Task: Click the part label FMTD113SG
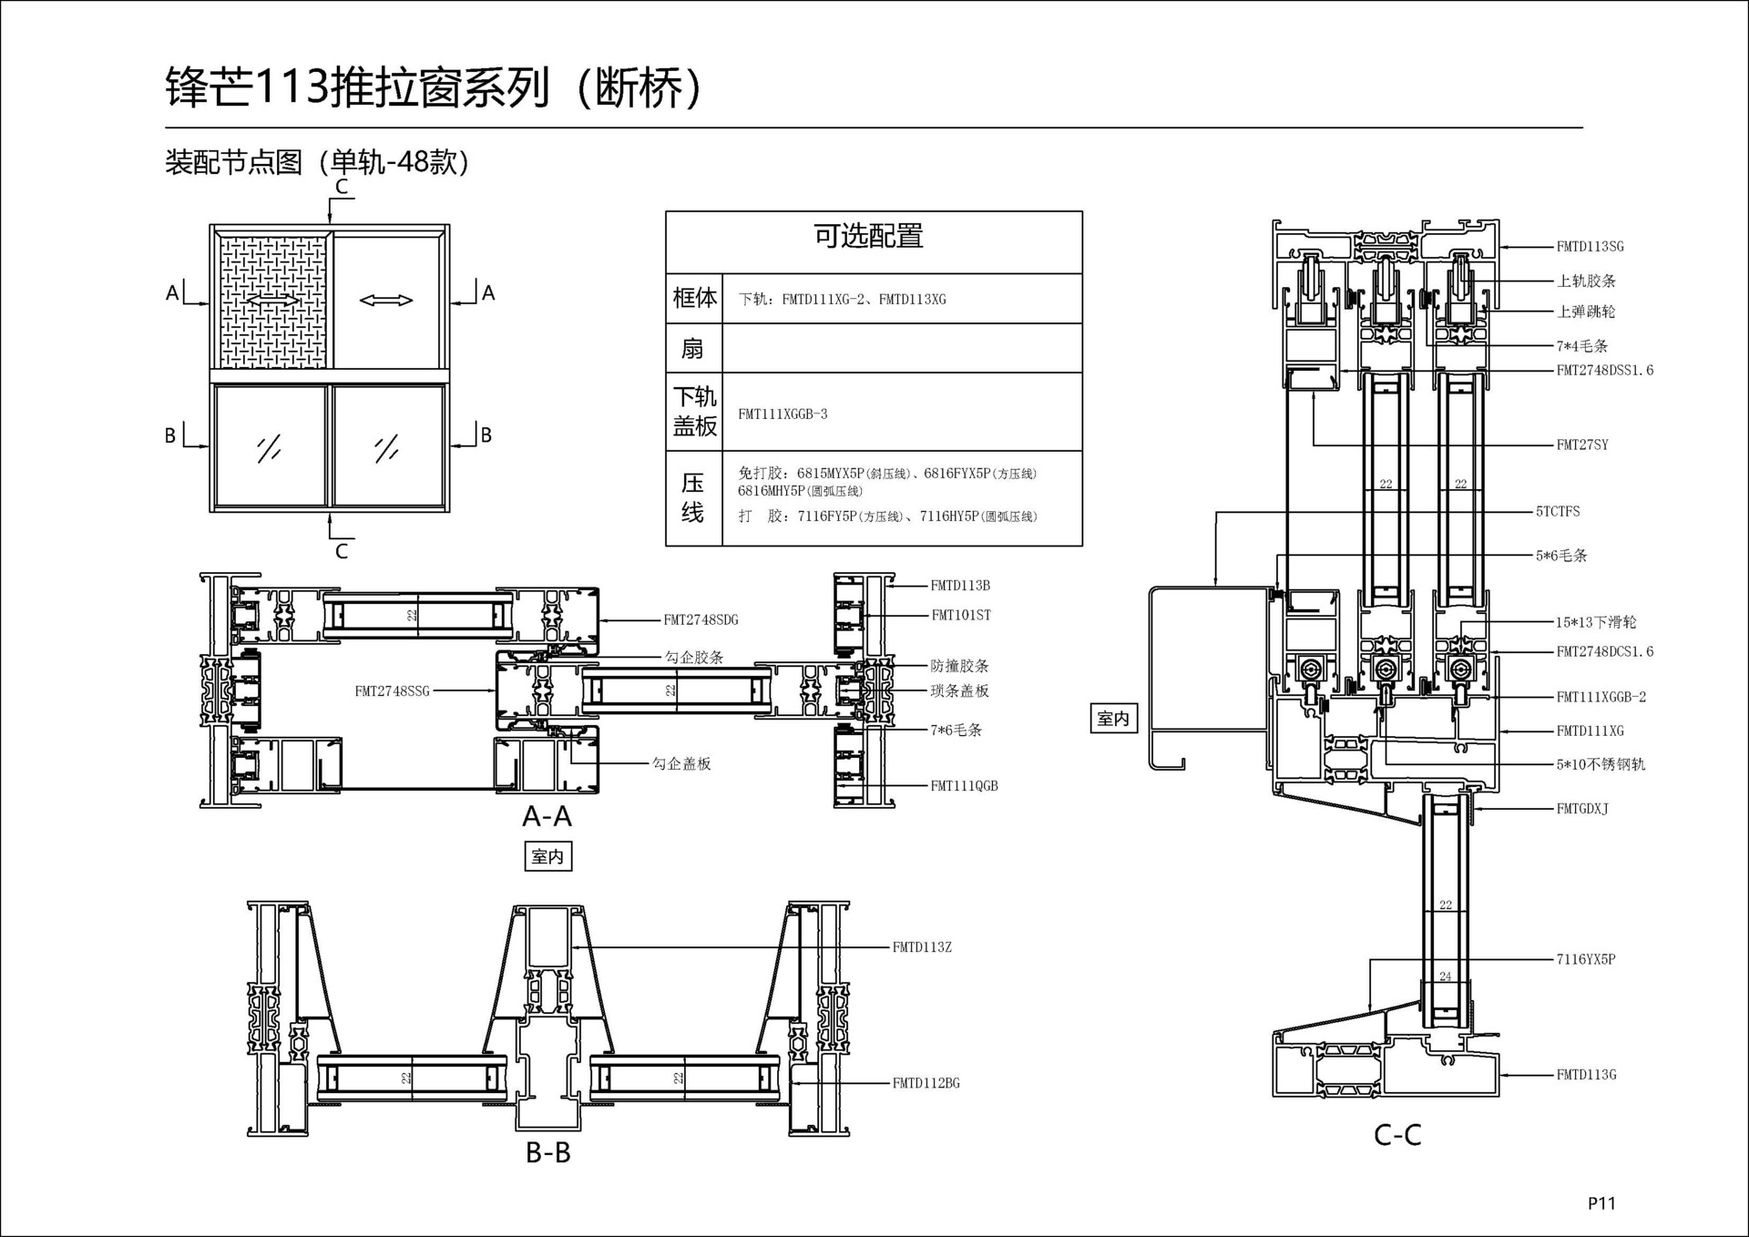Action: click(1590, 247)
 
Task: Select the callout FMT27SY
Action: click(1582, 445)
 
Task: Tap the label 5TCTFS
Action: click(1558, 512)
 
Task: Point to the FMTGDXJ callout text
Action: click(1582, 809)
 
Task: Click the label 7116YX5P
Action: click(1586, 959)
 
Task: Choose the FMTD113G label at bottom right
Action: click(1586, 1075)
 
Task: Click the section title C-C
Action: click(1397, 1135)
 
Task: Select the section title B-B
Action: click(548, 1153)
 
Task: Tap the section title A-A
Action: click(547, 816)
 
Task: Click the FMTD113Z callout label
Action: click(922, 948)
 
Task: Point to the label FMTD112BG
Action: click(926, 1084)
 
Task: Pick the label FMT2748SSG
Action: click(392, 691)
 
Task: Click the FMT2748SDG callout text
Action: click(701, 620)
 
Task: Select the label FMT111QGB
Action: click(964, 786)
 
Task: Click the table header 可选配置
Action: click(868, 237)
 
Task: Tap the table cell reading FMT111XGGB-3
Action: click(782, 414)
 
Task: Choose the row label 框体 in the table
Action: click(694, 298)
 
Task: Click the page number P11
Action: click(1601, 1203)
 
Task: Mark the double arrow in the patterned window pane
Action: click(272, 299)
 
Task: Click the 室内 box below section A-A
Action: click(547, 856)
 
